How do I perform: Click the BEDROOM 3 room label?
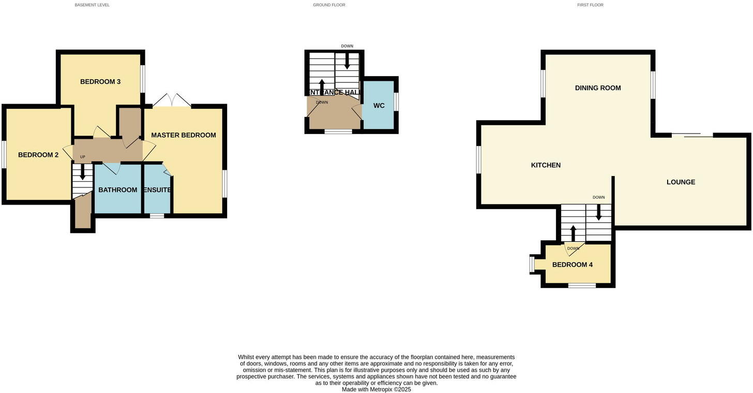click(x=100, y=82)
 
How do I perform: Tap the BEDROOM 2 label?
click(x=38, y=155)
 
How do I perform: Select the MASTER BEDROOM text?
click(x=183, y=135)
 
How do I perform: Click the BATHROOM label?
click(x=117, y=190)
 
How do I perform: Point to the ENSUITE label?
click(x=157, y=190)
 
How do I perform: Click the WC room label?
click(x=379, y=106)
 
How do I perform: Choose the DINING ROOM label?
click(x=598, y=88)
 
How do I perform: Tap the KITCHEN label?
click(x=546, y=165)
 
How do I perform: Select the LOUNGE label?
click(x=681, y=182)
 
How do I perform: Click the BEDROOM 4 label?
click(x=573, y=265)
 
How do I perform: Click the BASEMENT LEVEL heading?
click(x=92, y=5)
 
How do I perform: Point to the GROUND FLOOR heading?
click(x=329, y=5)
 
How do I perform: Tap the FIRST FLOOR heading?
click(x=590, y=5)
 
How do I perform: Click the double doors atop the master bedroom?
click(x=172, y=100)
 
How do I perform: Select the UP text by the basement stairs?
click(x=83, y=157)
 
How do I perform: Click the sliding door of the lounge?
click(x=692, y=136)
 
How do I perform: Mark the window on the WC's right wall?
click(x=397, y=101)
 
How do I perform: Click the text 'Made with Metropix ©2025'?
click(x=376, y=389)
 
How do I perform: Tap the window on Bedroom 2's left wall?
click(x=4, y=154)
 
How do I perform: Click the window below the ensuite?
click(x=157, y=215)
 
